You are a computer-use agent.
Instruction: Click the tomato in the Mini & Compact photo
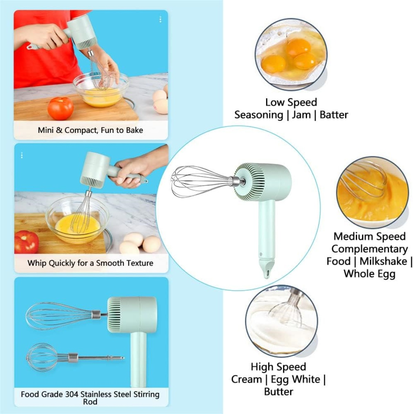pyautogui.click(x=60, y=108)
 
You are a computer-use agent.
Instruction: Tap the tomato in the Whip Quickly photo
pyautogui.click(x=27, y=242)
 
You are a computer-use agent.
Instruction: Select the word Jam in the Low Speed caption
pyautogui.click(x=301, y=115)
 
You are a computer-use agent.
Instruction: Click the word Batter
pyautogui.click(x=334, y=115)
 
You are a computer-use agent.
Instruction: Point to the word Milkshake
pyautogui.click(x=383, y=261)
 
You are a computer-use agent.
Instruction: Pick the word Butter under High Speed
pyautogui.click(x=278, y=392)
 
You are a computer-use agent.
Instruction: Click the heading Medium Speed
pyautogui.click(x=369, y=237)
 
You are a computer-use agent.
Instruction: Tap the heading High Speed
pyautogui.click(x=278, y=367)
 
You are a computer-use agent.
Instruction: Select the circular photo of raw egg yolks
pyautogui.click(x=291, y=54)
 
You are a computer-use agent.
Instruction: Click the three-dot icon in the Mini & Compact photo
pyautogui.click(x=160, y=20)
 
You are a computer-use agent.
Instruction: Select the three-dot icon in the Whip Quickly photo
pyautogui.click(x=22, y=155)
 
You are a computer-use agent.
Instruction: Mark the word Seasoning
pyautogui.click(x=258, y=115)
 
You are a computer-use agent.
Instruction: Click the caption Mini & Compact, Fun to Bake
pyautogui.click(x=91, y=130)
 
